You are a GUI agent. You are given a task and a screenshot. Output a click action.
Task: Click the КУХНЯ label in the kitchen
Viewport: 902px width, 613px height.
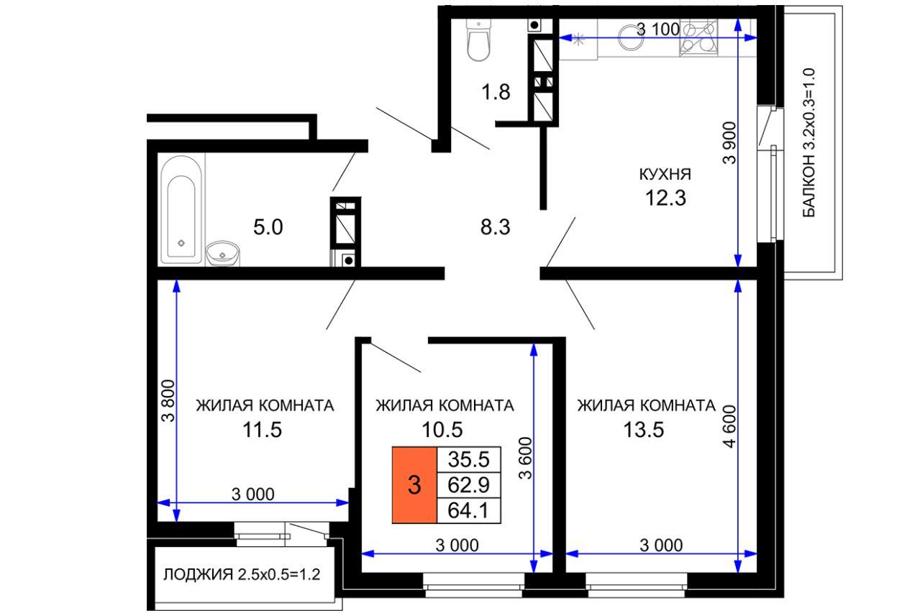click(665, 174)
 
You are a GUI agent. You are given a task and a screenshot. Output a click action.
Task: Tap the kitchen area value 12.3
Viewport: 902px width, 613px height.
click(665, 198)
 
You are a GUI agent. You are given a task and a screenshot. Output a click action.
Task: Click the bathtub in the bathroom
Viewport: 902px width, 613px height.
click(181, 209)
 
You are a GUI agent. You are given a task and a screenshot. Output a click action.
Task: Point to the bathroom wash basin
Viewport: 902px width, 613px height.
click(222, 254)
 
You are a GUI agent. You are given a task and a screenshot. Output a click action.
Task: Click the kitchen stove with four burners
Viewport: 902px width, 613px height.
click(698, 37)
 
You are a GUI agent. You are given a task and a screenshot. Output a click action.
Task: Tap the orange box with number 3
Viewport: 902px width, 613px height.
click(414, 484)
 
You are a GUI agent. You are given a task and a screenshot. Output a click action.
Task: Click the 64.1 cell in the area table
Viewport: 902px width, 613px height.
click(468, 511)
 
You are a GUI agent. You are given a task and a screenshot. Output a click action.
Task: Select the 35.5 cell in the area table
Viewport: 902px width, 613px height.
click(468, 459)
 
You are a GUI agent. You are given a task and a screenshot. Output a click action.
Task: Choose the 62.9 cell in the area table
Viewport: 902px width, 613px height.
click(468, 485)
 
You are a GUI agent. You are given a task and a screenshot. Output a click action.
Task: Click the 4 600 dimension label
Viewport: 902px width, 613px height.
click(729, 426)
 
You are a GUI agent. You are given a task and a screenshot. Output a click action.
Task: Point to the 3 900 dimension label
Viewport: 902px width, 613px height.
click(729, 143)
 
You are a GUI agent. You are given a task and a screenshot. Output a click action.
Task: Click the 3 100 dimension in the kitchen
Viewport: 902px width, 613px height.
click(658, 29)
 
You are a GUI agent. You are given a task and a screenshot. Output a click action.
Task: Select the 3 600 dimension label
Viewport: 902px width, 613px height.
click(526, 458)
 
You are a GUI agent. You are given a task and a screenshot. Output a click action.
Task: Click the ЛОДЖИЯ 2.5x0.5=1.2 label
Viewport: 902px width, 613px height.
click(242, 575)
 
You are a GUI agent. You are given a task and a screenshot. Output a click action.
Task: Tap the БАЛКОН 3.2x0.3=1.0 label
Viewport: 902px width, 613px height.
click(808, 143)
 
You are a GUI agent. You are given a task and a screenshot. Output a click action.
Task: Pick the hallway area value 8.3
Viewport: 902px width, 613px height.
click(496, 227)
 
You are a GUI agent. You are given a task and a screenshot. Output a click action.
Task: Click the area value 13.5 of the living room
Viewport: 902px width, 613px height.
click(644, 430)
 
